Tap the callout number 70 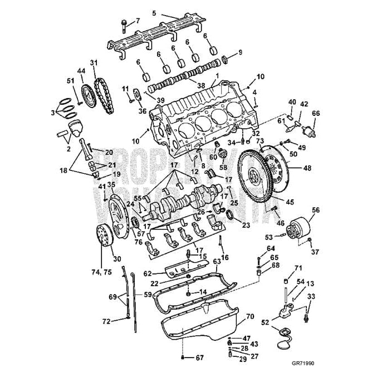click(x=249, y=316)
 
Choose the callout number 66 click(x=316, y=113)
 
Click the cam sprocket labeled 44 click(x=86, y=92)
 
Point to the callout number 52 click(x=265, y=322)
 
